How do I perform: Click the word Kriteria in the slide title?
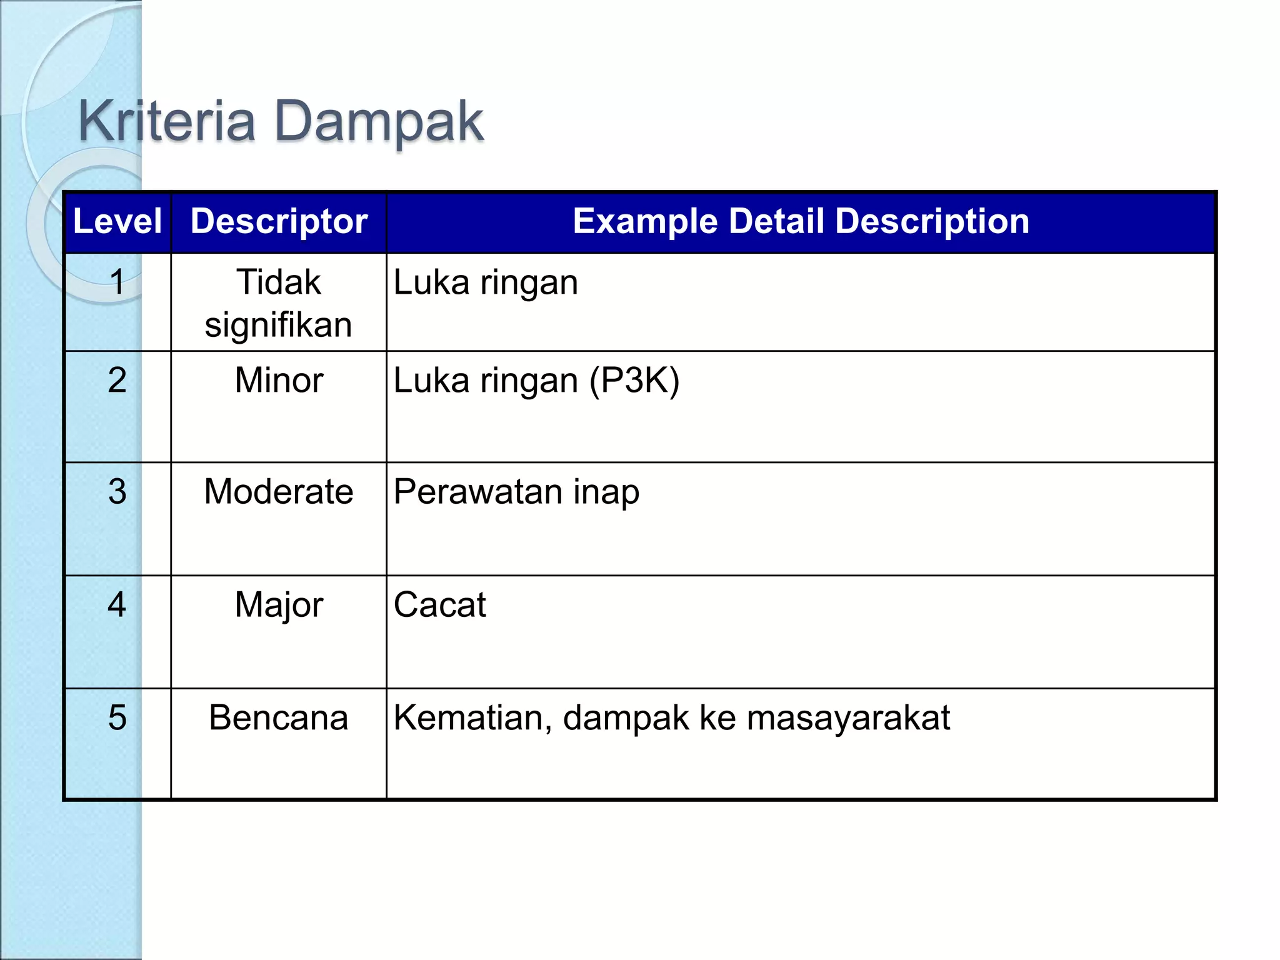pyautogui.click(x=166, y=121)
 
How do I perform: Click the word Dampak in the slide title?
pyautogui.click(x=379, y=121)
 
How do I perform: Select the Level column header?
pyautogui.click(x=117, y=221)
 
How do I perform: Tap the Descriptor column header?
pyautogui.click(x=279, y=221)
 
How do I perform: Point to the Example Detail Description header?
pyautogui.click(x=801, y=221)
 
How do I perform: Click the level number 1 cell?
pyautogui.click(x=117, y=282)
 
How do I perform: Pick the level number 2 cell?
pyautogui.click(x=117, y=380)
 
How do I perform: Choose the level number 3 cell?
pyautogui.click(x=117, y=491)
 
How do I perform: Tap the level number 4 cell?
pyautogui.click(x=117, y=604)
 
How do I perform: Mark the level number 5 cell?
pyautogui.click(x=117, y=717)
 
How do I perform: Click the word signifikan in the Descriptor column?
pyautogui.click(x=279, y=326)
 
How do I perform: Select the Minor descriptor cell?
pyautogui.click(x=279, y=380)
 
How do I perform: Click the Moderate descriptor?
pyautogui.click(x=279, y=491)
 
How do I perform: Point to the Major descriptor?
pyautogui.click(x=279, y=605)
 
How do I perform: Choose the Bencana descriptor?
pyautogui.click(x=279, y=717)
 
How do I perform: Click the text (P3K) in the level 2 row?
pyautogui.click(x=634, y=381)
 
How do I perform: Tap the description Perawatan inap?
pyautogui.click(x=516, y=492)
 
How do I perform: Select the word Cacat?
pyautogui.click(x=440, y=605)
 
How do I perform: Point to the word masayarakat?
pyautogui.click(x=848, y=718)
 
